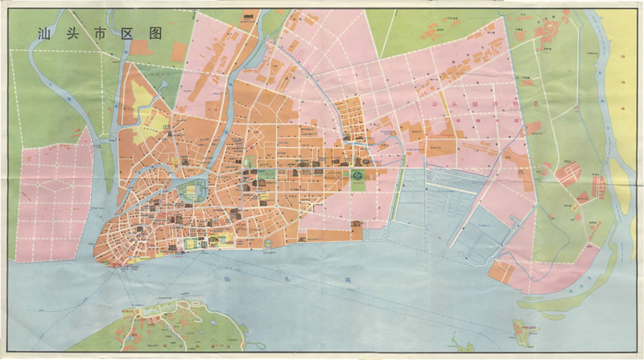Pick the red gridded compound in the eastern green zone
(x=572, y=173)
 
